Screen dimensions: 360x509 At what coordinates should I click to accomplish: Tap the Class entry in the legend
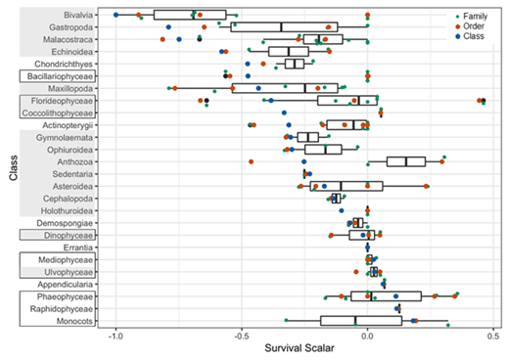tap(475, 36)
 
